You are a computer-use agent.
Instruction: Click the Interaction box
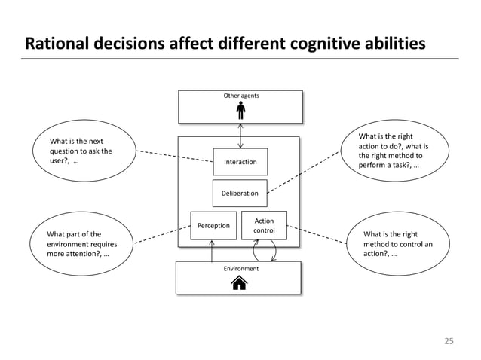click(x=240, y=162)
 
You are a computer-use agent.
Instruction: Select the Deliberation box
click(x=240, y=194)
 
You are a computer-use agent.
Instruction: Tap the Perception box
click(x=213, y=225)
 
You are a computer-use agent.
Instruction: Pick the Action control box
click(x=264, y=226)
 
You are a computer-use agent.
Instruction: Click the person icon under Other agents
click(x=240, y=111)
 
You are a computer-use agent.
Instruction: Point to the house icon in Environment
click(x=239, y=283)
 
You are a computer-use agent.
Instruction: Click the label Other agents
click(x=240, y=96)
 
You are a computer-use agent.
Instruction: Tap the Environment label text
click(x=240, y=268)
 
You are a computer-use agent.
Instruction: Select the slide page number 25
click(x=449, y=341)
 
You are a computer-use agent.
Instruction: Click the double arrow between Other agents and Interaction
click(x=240, y=135)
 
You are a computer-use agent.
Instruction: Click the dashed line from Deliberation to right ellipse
click(x=309, y=170)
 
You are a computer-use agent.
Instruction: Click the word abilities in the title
click(x=392, y=44)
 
